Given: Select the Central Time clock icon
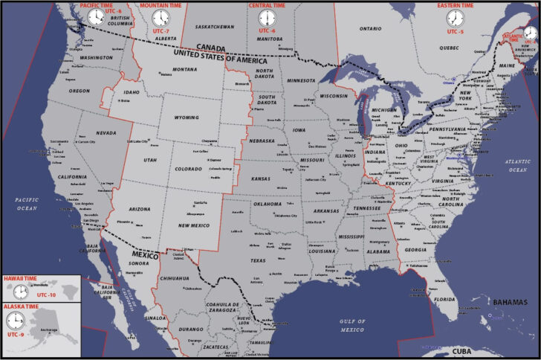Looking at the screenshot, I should click(x=267, y=18).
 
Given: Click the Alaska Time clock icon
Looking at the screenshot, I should click(x=15, y=321).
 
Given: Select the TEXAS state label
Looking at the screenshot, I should click(x=258, y=261).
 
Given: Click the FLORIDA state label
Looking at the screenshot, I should click(x=444, y=299).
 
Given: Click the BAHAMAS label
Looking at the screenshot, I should click(x=511, y=302).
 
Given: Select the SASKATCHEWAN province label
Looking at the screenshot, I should click(x=214, y=27).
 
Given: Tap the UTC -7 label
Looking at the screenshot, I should click(x=161, y=31).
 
